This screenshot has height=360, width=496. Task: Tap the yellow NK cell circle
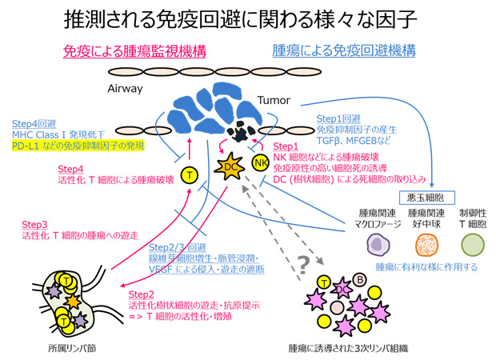tap(260, 163)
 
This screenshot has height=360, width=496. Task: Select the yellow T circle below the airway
tap(190, 174)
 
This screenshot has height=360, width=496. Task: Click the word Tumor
tap(273, 102)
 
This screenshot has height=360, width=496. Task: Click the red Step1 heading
tap(286, 147)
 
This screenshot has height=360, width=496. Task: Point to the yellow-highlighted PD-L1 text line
tap(75, 147)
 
